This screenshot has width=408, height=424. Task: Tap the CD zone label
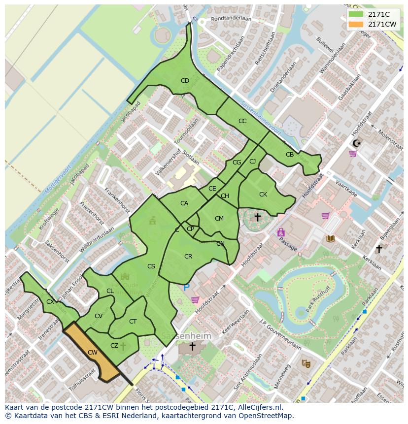tap(185, 81)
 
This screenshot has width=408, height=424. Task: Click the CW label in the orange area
tap(92, 353)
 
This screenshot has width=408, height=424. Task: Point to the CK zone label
tap(263, 195)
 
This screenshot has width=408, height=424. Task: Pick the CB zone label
tap(290, 155)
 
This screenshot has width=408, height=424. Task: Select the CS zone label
tap(151, 266)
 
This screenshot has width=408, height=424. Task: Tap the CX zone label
tap(50, 302)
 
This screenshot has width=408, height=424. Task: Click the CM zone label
tap(219, 219)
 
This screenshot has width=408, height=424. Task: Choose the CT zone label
tap(133, 322)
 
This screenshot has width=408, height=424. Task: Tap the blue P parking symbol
tap(186, 288)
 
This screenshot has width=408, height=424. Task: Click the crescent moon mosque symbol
tap(356, 143)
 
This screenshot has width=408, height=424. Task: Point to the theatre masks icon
tap(306, 363)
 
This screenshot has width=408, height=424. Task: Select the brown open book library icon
tap(330, 239)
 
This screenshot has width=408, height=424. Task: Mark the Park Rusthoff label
tap(316, 299)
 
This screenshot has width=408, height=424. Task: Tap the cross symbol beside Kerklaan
tap(379, 249)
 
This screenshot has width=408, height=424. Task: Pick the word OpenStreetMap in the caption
tap(267, 416)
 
